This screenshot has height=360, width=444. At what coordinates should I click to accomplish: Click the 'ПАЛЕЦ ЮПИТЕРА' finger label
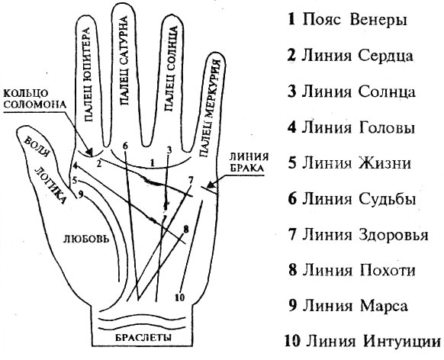tap(86, 78)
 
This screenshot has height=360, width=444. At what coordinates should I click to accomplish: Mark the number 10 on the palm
tap(180, 297)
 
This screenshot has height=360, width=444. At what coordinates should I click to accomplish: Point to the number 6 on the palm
tap(125, 145)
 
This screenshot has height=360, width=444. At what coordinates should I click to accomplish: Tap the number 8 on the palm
tap(186, 229)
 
